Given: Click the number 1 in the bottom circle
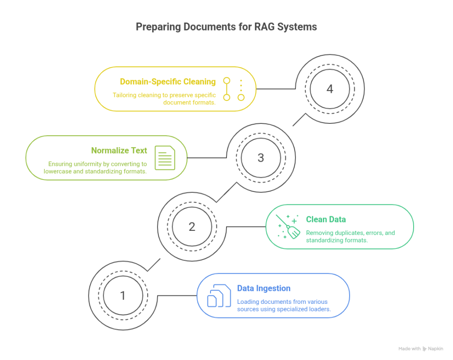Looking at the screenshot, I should click(123, 295).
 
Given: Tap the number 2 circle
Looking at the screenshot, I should click(192, 226).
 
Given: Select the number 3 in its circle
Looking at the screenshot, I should click(261, 158).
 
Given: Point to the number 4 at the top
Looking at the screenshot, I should click(330, 89).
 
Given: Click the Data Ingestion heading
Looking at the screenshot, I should click(264, 288).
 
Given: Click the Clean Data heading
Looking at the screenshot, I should click(326, 219).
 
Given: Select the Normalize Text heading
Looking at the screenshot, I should click(119, 150).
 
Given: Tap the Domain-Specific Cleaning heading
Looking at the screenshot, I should click(168, 81).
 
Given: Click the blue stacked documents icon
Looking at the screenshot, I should click(219, 296).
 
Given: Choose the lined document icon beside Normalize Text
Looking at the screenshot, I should click(165, 158).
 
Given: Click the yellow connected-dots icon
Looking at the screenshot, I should click(234, 89).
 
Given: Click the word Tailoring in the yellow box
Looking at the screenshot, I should click(126, 95).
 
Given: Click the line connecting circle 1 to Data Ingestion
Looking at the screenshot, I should click(177, 295).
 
